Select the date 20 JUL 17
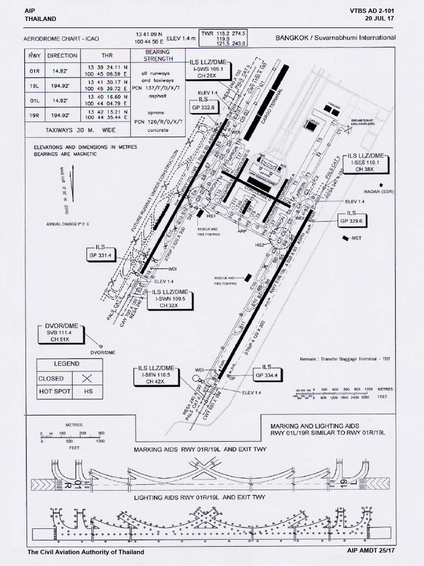pyautogui.click(x=380, y=18)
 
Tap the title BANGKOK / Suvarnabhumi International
pyautogui.click(x=335, y=38)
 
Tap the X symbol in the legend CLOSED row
pyautogui.click(x=85, y=379)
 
